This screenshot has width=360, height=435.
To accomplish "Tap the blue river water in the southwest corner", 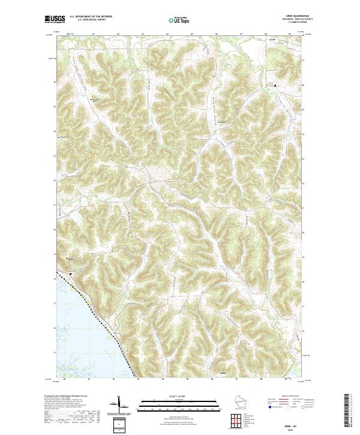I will [x=72, y=336].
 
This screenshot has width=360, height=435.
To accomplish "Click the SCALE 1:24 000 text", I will [x=179, y=397].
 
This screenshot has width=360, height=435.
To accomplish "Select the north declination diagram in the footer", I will [x=118, y=406].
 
